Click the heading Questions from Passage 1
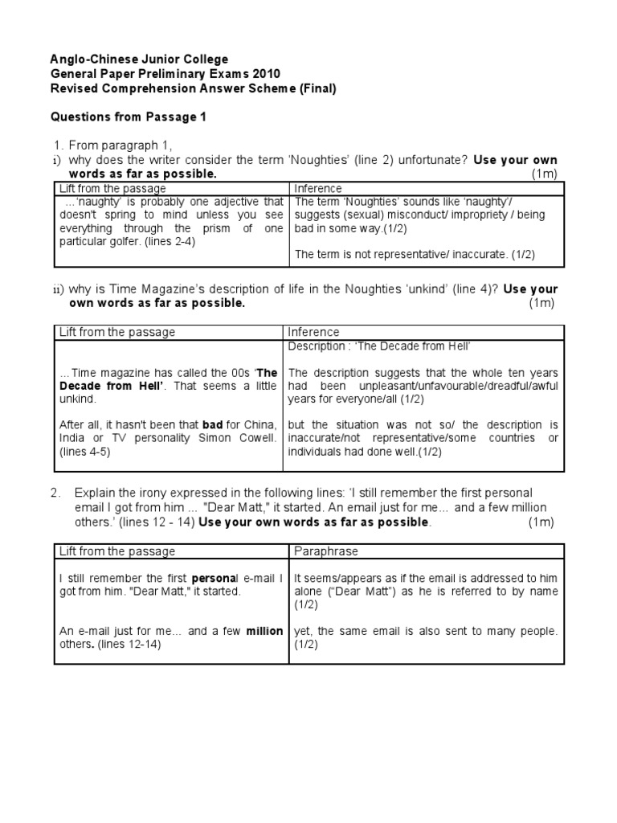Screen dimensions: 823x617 point(129,117)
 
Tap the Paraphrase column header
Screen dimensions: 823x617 point(326,551)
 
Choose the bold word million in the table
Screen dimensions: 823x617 point(264,631)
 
